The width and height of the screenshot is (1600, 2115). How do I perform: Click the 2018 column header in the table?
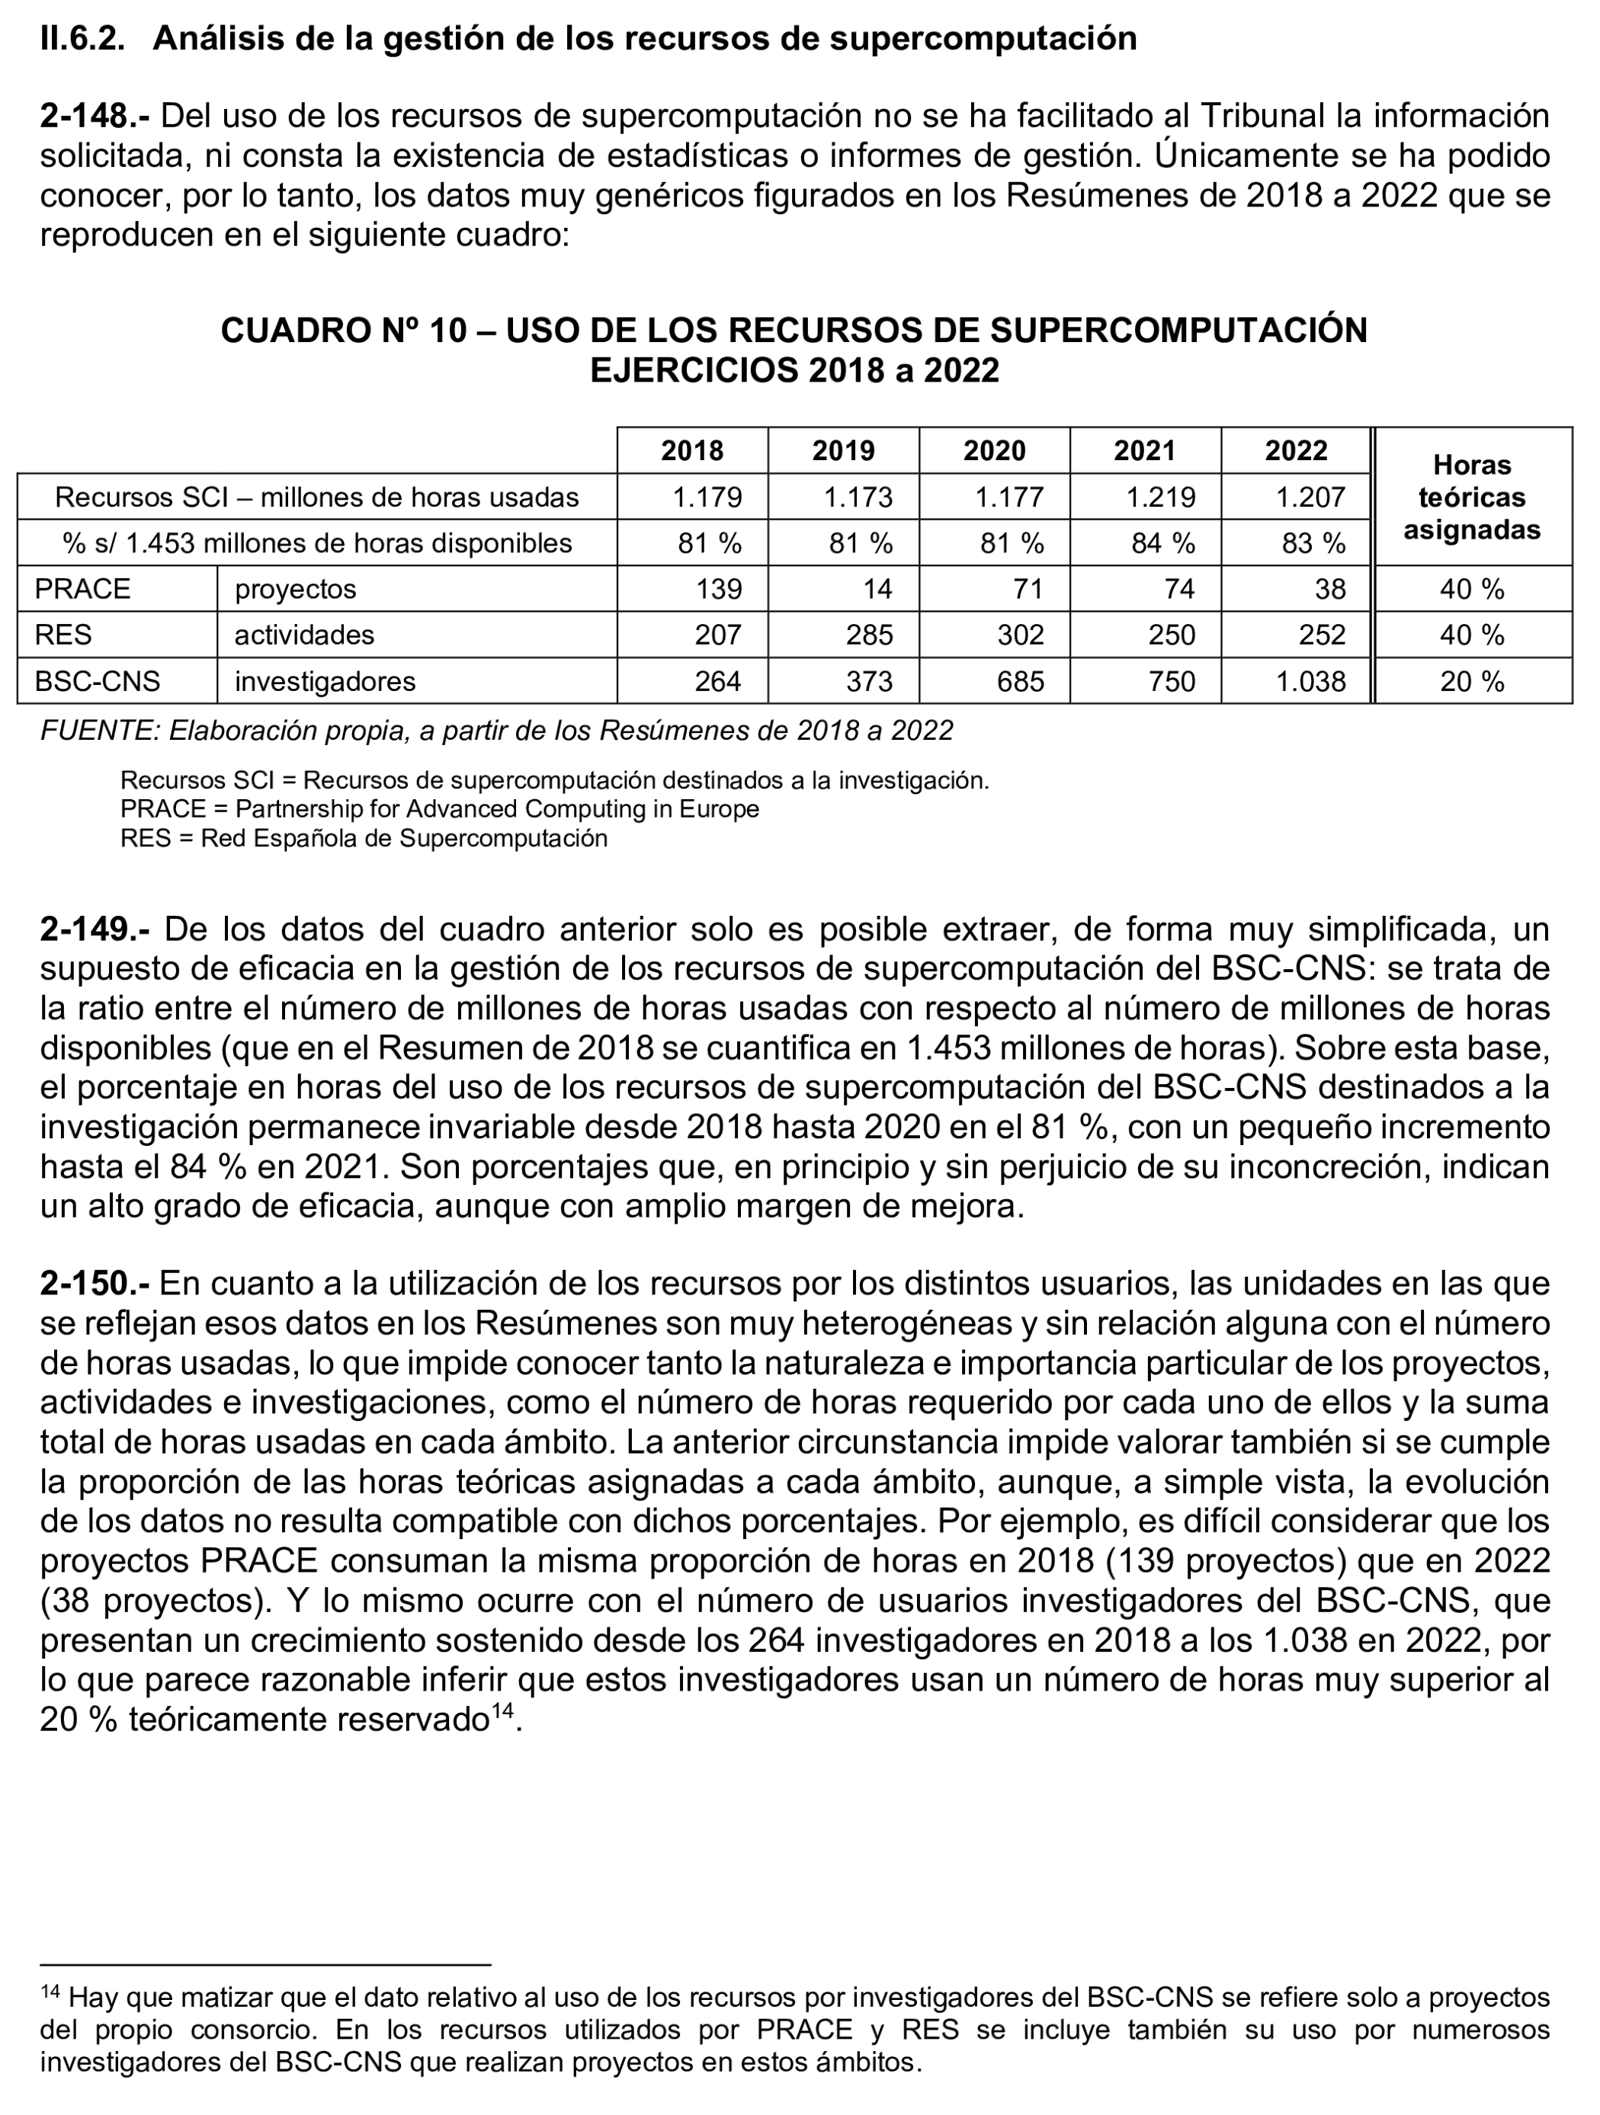pos(691,450)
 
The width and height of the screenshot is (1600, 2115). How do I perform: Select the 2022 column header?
pos(1296,450)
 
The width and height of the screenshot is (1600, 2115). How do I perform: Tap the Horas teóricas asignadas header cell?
pos(1472,498)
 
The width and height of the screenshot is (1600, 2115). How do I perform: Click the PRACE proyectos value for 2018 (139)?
pos(718,589)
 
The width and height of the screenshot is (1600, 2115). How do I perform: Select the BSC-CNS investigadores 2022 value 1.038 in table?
pos(1310,681)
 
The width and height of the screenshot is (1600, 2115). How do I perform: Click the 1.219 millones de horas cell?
pos(1160,498)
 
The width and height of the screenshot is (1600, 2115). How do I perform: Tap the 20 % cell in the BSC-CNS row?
pos(1472,681)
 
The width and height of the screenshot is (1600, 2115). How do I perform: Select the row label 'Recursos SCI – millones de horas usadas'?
pos(316,498)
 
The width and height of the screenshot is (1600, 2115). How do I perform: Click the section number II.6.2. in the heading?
pos(82,38)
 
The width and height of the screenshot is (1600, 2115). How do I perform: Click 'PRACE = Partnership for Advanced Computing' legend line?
pos(439,809)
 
